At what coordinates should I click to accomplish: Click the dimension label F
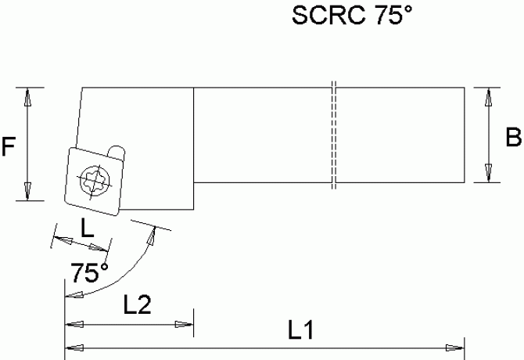pyautogui.click(x=9, y=146)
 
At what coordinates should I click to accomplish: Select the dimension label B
pyautogui.click(x=513, y=139)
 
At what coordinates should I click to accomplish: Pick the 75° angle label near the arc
pyautogui.click(x=89, y=274)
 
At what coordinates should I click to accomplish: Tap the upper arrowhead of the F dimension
pyautogui.click(x=28, y=96)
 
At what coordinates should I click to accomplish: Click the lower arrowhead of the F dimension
pyautogui.click(x=28, y=191)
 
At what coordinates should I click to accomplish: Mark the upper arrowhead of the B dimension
pyautogui.click(x=490, y=96)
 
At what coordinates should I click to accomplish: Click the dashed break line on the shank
pyautogui.click(x=332, y=135)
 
